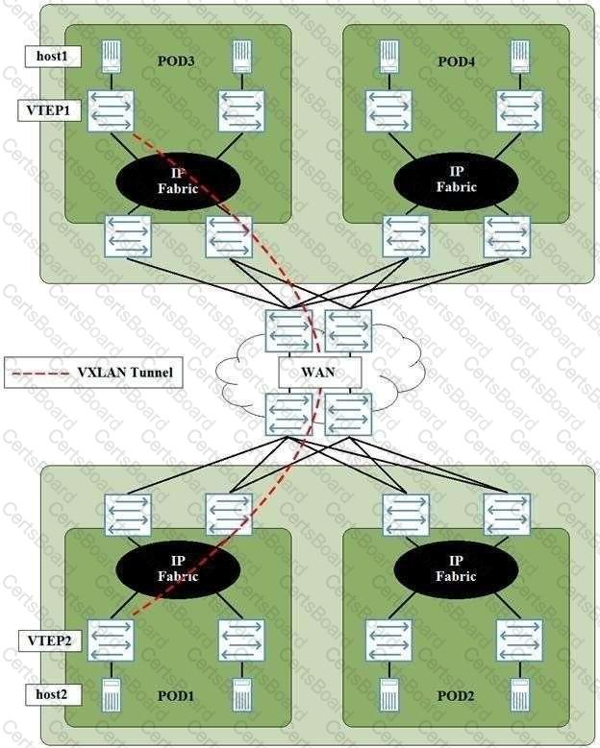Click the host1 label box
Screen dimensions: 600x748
coord(53,57)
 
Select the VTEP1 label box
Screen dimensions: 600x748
coord(49,110)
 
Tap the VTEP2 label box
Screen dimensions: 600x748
coord(50,640)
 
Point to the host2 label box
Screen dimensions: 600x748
coord(53,694)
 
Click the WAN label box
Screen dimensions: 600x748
coord(319,373)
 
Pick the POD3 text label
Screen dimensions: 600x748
coord(176,61)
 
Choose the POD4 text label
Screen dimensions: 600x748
coord(456,61)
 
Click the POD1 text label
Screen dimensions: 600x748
coord(176,696)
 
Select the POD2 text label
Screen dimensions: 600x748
coord(456,696)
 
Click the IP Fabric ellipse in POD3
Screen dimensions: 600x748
coord(178,181)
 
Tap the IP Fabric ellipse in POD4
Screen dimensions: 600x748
coord(456,181)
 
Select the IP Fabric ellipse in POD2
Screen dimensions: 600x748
coord(456,569)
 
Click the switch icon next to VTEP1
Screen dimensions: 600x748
coord(111,111)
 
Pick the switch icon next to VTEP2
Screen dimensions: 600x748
coord(111,640)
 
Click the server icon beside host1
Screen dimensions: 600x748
coord(112,58)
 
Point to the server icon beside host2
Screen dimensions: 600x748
coord(112,694)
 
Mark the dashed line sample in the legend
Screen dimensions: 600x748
coord(40,373)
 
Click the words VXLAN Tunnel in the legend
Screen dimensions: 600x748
coord(125,373)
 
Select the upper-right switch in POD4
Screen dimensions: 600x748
coord(519,111)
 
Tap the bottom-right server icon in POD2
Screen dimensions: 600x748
coord(519,694)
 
